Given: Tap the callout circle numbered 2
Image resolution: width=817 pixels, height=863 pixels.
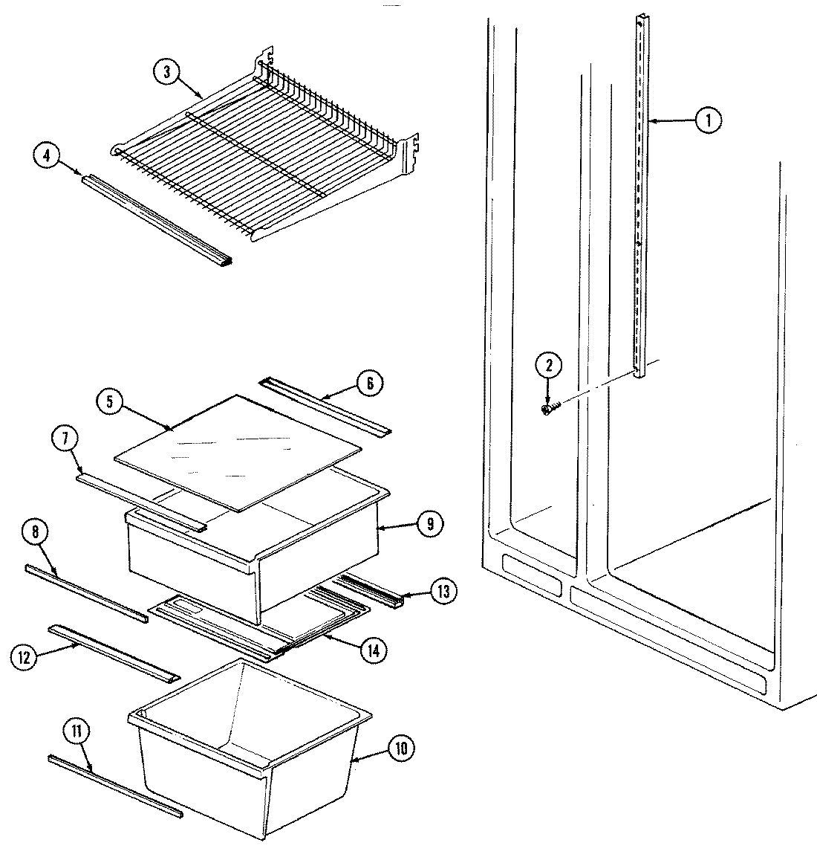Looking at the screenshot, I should (x=550, y=365).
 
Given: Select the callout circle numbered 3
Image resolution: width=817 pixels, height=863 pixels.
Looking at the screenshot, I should (x=166, y=72).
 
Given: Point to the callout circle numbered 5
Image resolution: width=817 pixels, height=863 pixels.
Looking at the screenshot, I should (x=110, y=402).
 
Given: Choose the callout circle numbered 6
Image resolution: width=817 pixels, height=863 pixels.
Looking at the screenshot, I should (x=370, y=384).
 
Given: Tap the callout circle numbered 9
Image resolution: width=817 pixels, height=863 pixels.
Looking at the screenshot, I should (x=429, y=524).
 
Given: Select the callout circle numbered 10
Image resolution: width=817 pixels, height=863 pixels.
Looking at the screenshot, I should (x=401, y=749).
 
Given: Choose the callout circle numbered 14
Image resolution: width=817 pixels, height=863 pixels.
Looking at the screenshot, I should (x=373, y=650).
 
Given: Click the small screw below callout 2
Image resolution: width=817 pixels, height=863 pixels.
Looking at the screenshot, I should (x=548, y=408).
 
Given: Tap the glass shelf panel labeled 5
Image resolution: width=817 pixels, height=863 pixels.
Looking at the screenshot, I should (x=238, y=450).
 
